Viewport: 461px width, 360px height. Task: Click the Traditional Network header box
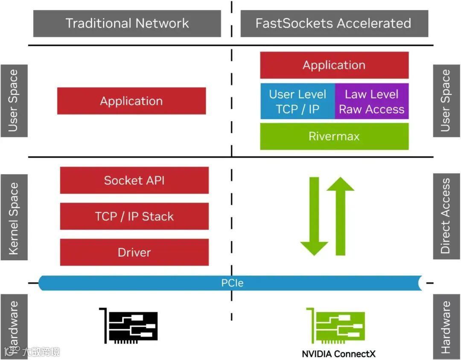[x=127, y=23]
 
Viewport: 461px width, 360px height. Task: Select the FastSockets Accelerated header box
[x=334, y=23]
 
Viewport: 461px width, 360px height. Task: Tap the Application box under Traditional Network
[x=131, y=101]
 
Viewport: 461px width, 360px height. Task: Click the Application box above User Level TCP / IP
[x=334, y=65]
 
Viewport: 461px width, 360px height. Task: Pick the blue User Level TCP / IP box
[x=298, y=102]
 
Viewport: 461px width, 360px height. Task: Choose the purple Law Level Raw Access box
[x=372, y=102]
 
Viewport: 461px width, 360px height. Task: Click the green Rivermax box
[x=334, y=136]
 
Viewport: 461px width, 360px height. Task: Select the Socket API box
[x=134, y=180]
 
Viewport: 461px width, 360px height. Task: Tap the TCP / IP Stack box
[x=134, y=216]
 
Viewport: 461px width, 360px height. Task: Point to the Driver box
[x=134, y=252]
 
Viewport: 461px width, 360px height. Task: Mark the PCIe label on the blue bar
[x=232, y=283]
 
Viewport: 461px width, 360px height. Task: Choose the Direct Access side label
[x=446, y=216]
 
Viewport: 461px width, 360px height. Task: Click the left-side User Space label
[x=14, y=101]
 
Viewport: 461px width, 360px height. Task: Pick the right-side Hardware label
[x=446, y=327]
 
